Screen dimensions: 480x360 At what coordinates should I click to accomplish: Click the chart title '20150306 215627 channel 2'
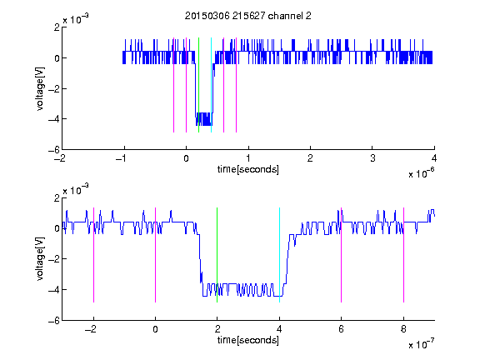tap(248, 16)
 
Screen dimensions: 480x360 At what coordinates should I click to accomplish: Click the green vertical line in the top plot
tap(198, 85)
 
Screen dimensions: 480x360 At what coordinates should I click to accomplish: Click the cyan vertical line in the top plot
tap(211, 85)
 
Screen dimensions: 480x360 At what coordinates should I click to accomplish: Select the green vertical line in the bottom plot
tap(217, 255)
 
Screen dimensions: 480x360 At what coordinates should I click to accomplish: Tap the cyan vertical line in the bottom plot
tap(279, 255)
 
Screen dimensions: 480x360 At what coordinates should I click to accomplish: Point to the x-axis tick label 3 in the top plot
tap(372, 158)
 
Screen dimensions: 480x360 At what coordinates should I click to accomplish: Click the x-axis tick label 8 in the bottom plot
tap(403, 329)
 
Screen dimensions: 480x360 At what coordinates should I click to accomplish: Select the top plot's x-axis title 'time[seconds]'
tap(248, 169)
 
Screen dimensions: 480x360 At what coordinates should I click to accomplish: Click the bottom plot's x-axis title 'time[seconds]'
tap(248, 340)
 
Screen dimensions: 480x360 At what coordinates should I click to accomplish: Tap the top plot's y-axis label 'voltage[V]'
tap(40, 88)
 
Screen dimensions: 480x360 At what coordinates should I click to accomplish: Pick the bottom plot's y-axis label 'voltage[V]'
tap(40, 258)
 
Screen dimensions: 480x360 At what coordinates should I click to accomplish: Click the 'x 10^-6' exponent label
tap(421, 173)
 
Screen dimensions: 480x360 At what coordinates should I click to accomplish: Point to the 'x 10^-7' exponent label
tap(421, 344)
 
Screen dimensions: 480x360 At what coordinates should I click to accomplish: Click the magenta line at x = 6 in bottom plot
tap(342, 255)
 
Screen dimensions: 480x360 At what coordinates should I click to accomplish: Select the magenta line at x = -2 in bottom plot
tap(93, 255)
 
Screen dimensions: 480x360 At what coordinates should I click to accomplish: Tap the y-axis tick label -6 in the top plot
tap(54, 150)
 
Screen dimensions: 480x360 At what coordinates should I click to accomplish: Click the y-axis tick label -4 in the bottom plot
tap(54, 290)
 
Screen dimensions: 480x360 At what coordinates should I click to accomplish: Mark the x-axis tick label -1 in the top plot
tap(122, 158)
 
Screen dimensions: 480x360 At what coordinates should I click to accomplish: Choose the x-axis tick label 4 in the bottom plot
tap(279, 329)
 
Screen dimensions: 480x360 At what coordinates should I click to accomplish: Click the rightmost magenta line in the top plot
tap(237, 85)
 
